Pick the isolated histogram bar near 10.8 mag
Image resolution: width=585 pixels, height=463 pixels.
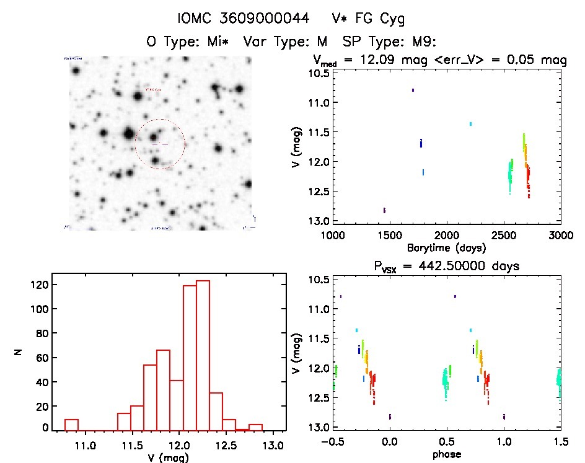pyautogui.click(x=71, y=425)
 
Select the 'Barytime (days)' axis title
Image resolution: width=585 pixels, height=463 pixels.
pyautogui.click(x=446, y=248)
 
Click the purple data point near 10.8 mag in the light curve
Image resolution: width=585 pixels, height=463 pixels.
pyautogui.click(x=413, y=90)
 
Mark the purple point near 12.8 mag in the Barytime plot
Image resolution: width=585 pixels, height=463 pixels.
pyautogui.click(x=384, y=210)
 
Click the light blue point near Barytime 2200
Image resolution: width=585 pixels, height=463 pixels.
pyautogui.click(x=470, y=124)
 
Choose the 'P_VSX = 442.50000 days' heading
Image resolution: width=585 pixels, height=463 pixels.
pyautogui.click(x=447, y=265)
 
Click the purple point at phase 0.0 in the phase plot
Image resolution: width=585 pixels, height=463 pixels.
pyautogui.click(x=390, y=417)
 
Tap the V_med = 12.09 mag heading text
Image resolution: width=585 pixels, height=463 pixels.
pyautogui.click(x=439, y=60)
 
